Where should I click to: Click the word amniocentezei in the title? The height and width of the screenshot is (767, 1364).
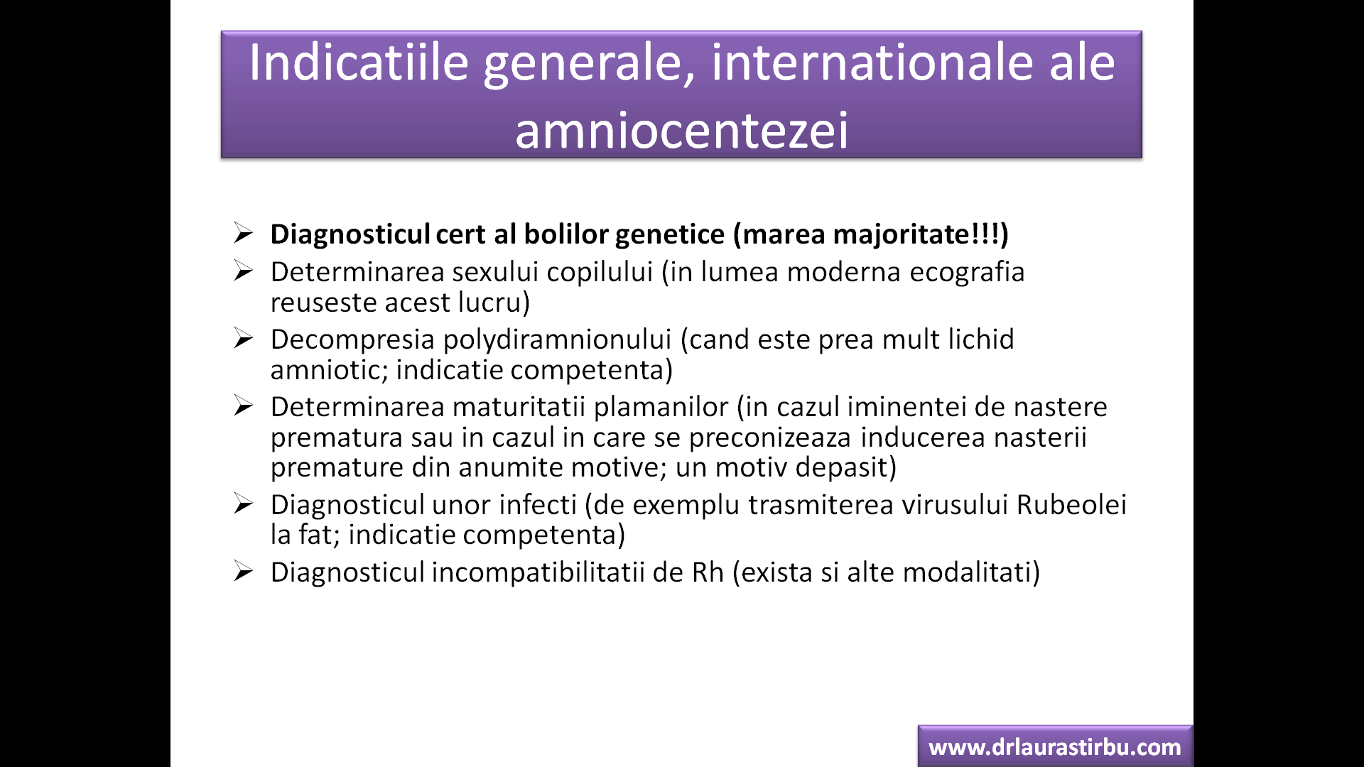[x=681, y=131]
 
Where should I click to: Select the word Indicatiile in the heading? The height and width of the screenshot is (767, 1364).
[x=359, y=62]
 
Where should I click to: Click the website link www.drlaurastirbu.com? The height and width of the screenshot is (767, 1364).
[x=1055, y=747]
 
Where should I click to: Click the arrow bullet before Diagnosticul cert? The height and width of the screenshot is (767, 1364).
[x=243, y=233]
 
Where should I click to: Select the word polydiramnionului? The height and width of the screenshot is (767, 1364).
[x=557, y=339]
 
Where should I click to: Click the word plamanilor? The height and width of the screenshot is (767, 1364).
[x=661, y=407]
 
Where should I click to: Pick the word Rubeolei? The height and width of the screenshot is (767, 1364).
[x=1071, y=505]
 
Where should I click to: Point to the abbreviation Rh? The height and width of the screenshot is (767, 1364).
[x=708, y=572]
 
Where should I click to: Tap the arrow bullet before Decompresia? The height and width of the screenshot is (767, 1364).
[x=243, y=338]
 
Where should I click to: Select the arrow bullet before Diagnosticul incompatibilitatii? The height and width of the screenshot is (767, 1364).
[x=243, y=571]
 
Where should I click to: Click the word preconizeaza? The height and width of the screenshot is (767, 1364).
[x=770, y=438]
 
